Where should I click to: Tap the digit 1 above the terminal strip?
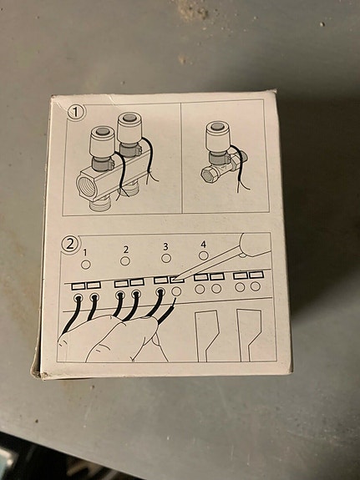point(85,250)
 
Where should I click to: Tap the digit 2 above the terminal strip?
point(125,249)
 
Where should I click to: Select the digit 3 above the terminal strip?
point(165,247)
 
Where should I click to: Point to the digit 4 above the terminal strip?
point(204,245)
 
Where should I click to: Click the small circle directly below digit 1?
point(85,265)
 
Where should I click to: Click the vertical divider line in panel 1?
point(181,159)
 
